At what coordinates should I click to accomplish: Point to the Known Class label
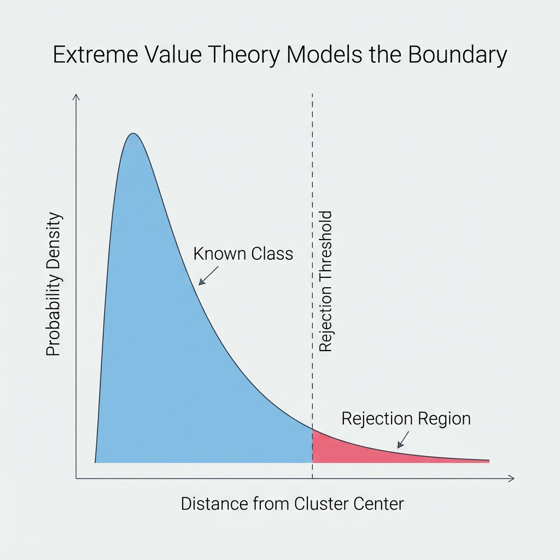pyautogui.click(x=243, y=254)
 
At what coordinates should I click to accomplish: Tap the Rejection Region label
pyautogui.click(x=406, y=418)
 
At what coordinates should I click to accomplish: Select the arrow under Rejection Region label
pyautogui.click(x=403, y=439)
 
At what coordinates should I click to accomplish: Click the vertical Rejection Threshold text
pyautogui.click(x=325, y=281)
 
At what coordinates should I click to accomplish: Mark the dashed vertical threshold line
pyautogui.click(x=312, y=164)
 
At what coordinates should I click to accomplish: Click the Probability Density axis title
pyautogui.click(x=53, y=284)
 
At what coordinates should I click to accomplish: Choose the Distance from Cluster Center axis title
pyautogui.click(x=292, y=503)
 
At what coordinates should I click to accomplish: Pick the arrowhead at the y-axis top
pyautogui.click(x=77, y=97)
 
